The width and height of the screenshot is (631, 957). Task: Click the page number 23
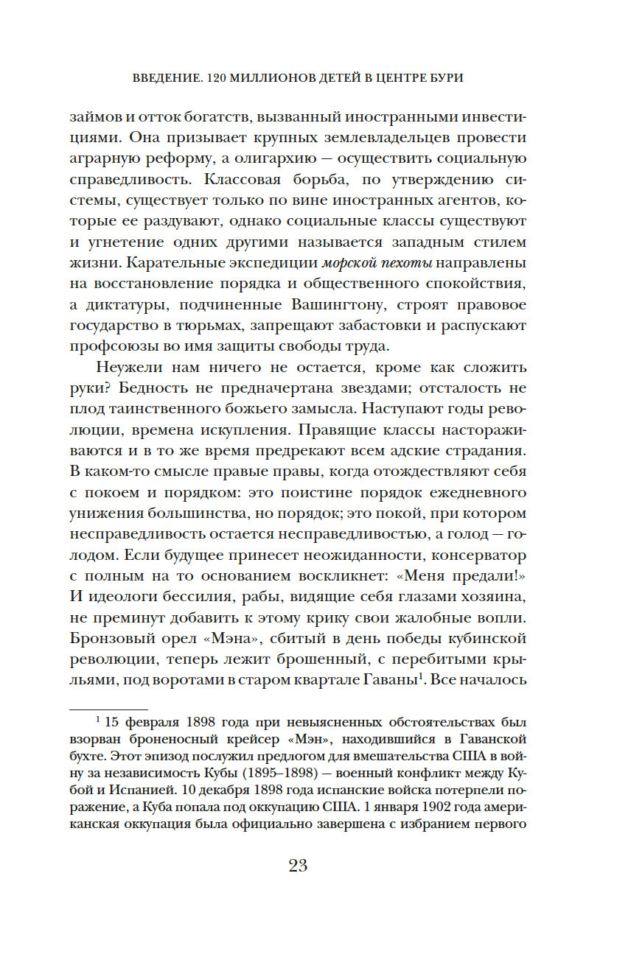pos(298,866)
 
